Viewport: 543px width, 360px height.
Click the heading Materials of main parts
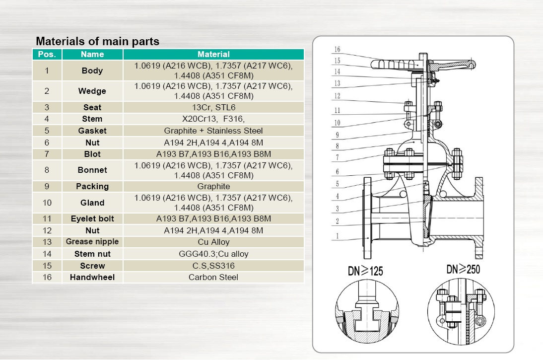[x=97, y=41]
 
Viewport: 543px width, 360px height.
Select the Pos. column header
[x=47, y=54]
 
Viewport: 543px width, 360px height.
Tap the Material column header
[x=213, y=54]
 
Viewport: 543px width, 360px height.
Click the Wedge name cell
[x=92, y=91]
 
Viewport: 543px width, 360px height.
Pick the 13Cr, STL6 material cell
[x=213, y=107]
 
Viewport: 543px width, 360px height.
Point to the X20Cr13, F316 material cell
[x=213, y=119]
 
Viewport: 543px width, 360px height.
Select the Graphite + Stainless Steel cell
[x=213, y=131]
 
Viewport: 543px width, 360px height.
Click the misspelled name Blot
[x=92, y=154]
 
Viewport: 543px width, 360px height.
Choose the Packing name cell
[x=92, y=186]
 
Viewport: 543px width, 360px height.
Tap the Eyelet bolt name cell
[x=92, y=218]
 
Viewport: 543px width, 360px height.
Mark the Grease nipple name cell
[x=92, y=242]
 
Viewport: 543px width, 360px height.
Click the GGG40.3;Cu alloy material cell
[x=213, y=254]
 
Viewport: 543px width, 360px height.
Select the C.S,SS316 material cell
[x=213, y=266]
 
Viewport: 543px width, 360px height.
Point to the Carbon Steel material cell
[x=213, y=277]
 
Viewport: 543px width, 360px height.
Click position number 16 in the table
[x=47, y=277]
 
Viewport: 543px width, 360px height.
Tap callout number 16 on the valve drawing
[x=337, y=50]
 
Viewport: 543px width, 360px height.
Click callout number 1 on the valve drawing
[x=337, y=236]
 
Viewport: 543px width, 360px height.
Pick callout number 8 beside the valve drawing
[x=337, y=146]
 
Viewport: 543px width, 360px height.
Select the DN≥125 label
[x=365, y=271]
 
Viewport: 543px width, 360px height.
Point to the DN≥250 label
[x=463, y=269]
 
